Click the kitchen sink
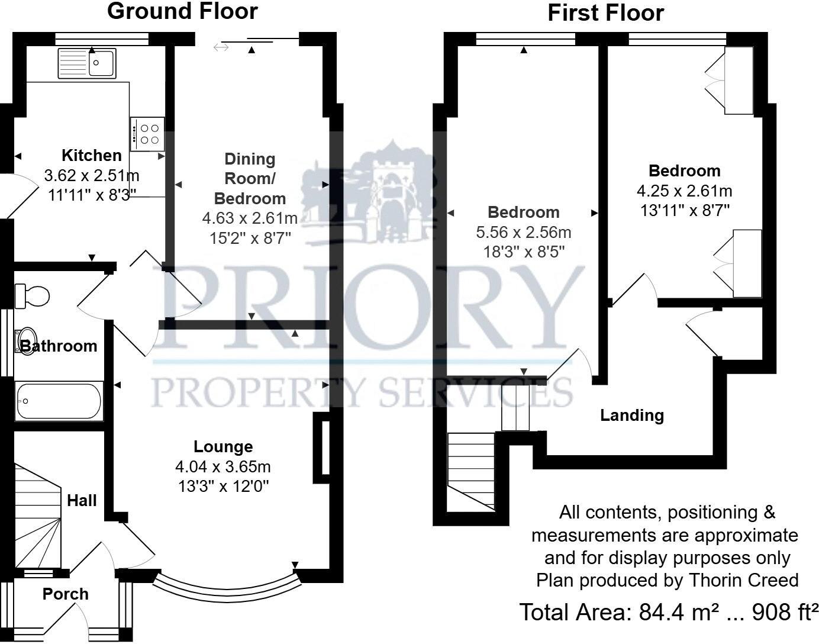pyautogui.click(x=88, y=63)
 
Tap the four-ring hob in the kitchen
pyautogui.click(x=147, y=134)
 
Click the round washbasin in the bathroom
pyautogui.click(x=27, y=341)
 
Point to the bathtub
pyautogui.click(x=59, y=401)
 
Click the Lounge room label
pyautogui.click(x=223, y=447)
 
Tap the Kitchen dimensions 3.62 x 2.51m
pyautogui.click(x=92, y=175)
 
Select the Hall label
pyautogui.click(x=82, y=501)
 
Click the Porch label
pyautogui.click(x=65, y=594)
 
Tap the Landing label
pyautogui.click(x=632, y=416)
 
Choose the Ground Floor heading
pyautogui.click(x=182, y=11)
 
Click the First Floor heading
pyautogui.click(x=605, y=13)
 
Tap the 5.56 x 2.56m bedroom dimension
pyautogui.click(x=524, y=233)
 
